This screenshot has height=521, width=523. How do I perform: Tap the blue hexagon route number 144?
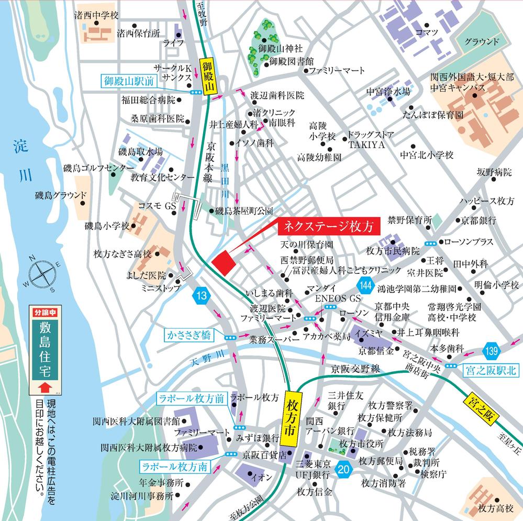(x=365, y=286)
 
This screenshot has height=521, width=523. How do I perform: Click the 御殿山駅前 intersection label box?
(x=128, y=81)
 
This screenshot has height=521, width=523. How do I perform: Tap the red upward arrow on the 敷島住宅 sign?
(x=44, y=387)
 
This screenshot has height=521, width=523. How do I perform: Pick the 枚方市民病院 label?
(x=393, y=251)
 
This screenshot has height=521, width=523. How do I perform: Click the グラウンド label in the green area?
(x=482, y=41)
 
